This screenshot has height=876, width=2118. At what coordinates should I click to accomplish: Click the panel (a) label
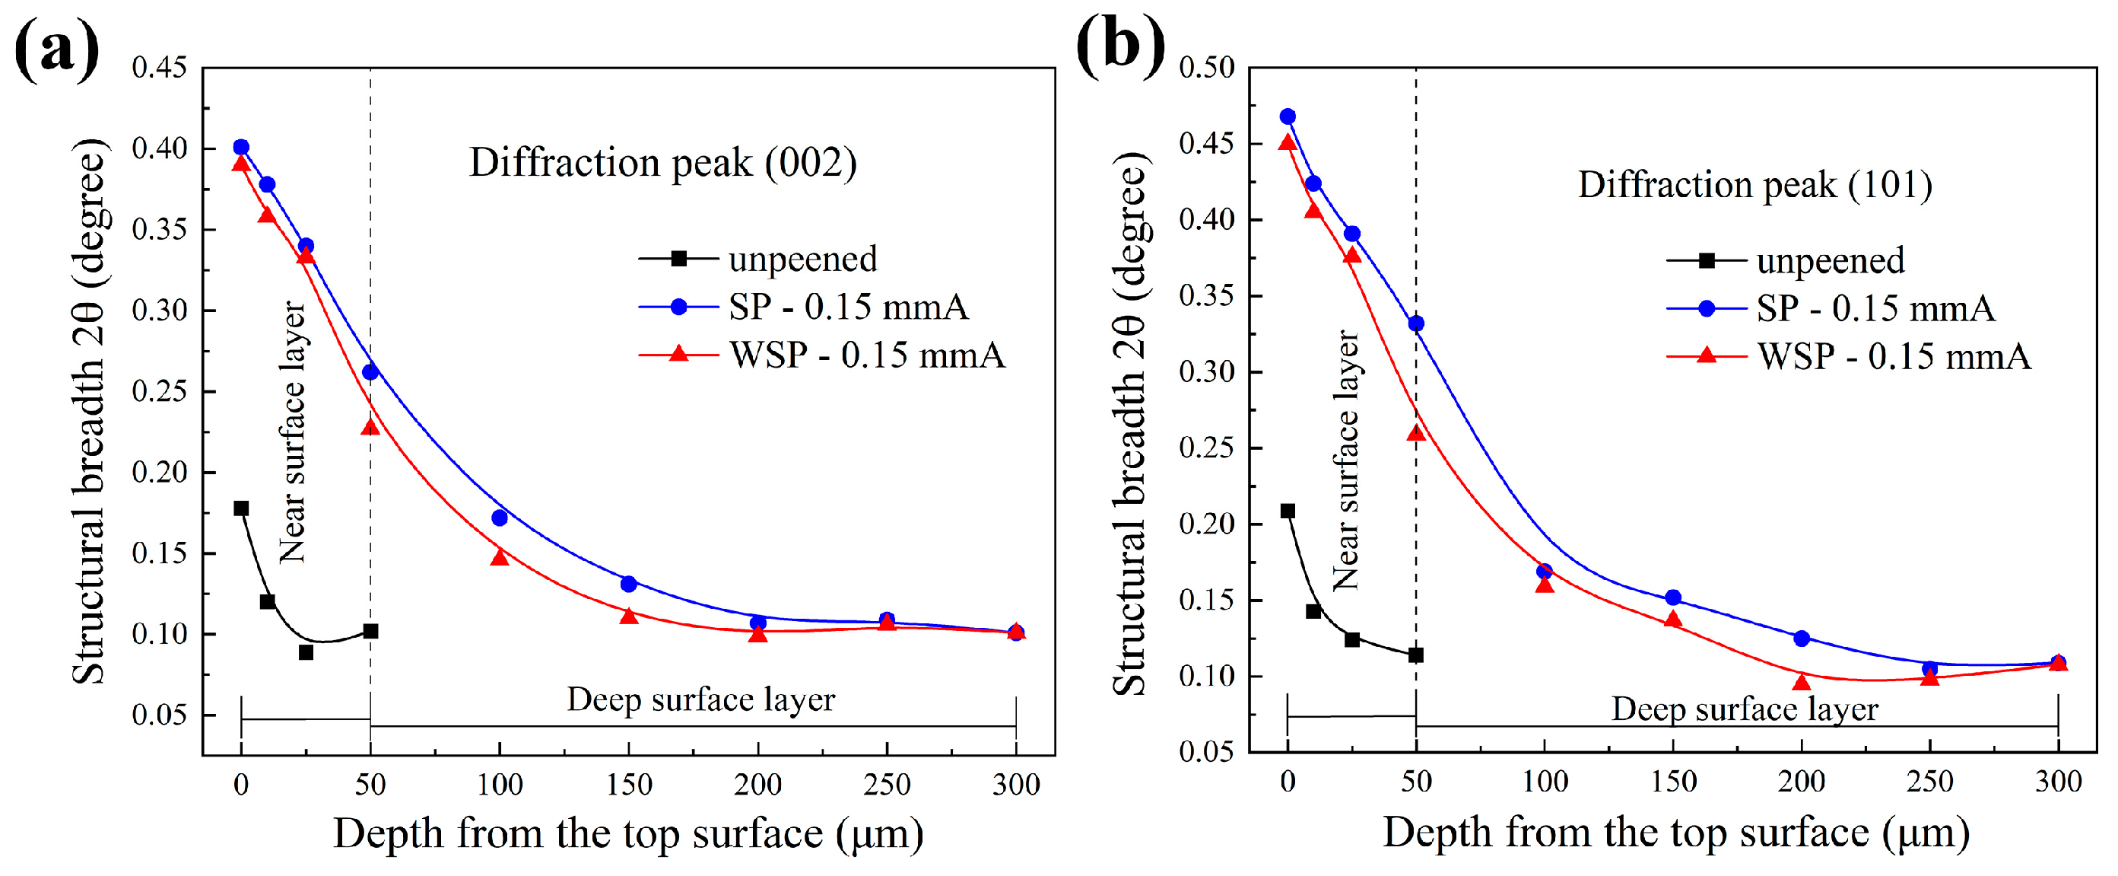click(56, 51)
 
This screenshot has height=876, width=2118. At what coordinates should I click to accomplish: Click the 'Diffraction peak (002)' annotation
click(662, 162)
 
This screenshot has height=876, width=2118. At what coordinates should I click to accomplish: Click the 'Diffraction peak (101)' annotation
click(1754, 184)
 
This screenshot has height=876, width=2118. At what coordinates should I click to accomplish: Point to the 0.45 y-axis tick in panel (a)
click(160, 68)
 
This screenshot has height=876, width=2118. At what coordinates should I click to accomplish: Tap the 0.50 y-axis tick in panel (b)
click(1206, 68)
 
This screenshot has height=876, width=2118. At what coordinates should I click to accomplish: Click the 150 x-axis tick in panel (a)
click(629, 785)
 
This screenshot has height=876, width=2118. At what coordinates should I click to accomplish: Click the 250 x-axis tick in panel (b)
click(1929, 782)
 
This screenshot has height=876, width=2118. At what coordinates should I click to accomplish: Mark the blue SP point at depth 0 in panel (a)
click(241, 147)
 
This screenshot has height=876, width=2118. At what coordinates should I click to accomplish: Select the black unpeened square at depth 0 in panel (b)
click(1288, 511)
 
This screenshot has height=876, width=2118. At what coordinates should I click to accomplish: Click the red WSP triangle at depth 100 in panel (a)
click(499, 558)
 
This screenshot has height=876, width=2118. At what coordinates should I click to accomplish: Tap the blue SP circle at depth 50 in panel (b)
click(1416, 324)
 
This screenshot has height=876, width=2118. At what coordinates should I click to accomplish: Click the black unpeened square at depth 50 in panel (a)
click(371, 631)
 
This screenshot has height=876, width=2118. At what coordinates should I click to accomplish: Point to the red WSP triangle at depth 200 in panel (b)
click(1802, 682)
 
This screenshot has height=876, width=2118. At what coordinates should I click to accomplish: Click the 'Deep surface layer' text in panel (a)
click(700, 700)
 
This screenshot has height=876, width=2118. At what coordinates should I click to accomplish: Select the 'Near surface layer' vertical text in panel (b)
click(1345, 460)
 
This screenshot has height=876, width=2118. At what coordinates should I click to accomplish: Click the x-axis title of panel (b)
click(1675, 833)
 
